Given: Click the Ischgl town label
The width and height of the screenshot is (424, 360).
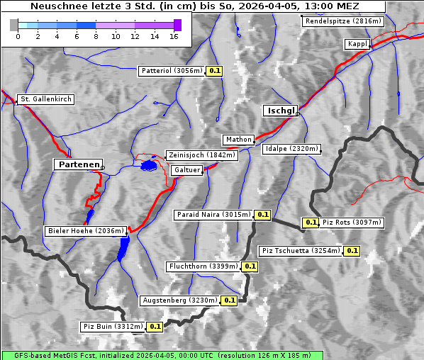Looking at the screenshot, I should tap(281, 111).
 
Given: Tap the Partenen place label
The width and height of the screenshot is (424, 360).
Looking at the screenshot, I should tap(78, 164).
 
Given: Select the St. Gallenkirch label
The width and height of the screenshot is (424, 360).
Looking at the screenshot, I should tap(46, 99).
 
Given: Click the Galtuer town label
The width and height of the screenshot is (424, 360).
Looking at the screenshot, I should tap(187, 170).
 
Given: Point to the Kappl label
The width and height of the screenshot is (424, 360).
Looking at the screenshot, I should tap(357, 44).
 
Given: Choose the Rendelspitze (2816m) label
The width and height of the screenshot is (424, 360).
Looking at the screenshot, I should tap(344, 21).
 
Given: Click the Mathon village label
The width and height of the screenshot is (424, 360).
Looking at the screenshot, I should tap(238, 140).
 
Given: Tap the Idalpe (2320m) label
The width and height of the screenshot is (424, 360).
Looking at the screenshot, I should tap(291, 149).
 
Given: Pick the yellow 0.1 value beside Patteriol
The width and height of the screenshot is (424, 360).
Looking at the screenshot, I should tap(215, 71).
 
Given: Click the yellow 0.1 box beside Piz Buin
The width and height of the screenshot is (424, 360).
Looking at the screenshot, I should tap(155, 327).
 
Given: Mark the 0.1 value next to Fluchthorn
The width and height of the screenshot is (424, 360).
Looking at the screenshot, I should tap(250, 266).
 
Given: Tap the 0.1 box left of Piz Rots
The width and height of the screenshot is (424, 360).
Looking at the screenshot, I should tap(311, 223).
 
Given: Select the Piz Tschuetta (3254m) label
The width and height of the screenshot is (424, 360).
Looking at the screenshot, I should tap(301, 251).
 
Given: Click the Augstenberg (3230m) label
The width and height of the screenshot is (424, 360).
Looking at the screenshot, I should tap(179, 300).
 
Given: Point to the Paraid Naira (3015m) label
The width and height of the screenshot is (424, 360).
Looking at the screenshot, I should tap(213, 214).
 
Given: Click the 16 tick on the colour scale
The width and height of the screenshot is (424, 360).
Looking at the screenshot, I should tap(174, 35).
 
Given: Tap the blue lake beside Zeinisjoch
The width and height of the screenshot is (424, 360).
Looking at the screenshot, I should tap(148, 166).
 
